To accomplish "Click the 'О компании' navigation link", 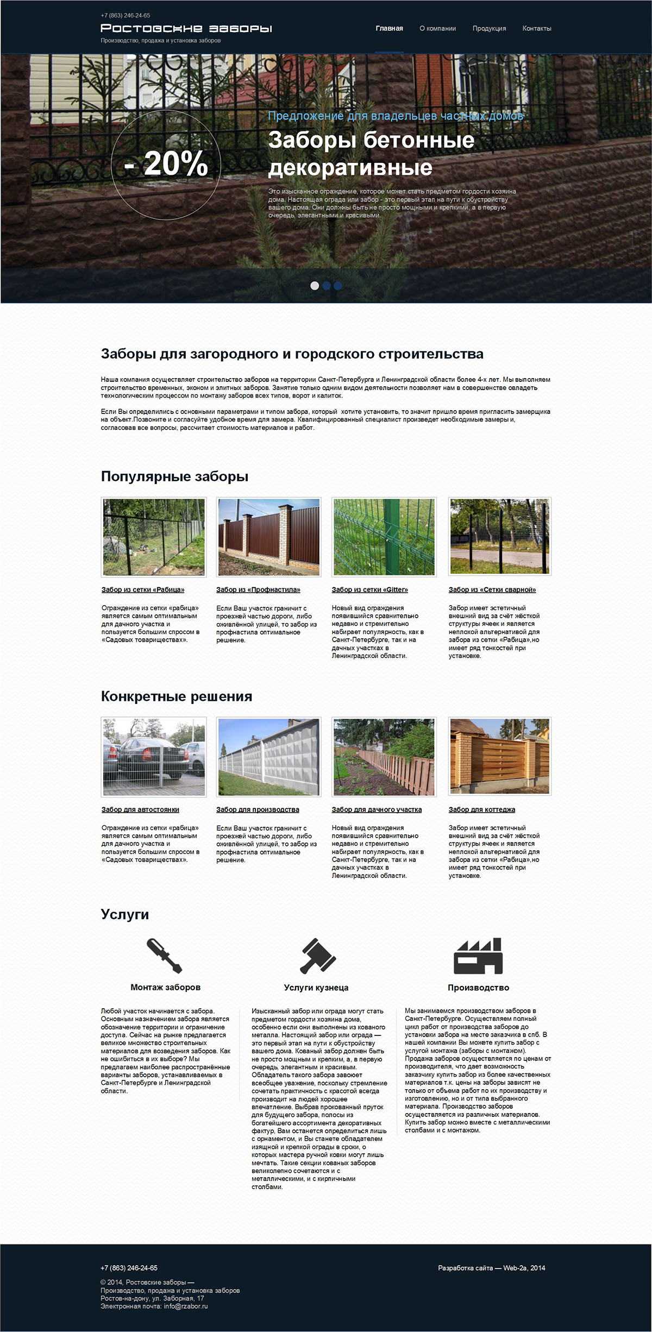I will [437, 28].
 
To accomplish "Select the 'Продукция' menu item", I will [489, 28].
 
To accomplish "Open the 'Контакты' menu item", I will [537, 28].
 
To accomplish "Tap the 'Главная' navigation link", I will [389, 28].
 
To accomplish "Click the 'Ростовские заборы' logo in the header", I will [186, 28].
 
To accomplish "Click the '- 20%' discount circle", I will [166, 164].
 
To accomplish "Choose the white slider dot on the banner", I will [315, 286].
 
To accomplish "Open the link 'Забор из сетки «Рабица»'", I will [143, 589].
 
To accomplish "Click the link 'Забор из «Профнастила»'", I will [258, 589].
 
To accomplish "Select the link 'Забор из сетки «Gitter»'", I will [369, 589].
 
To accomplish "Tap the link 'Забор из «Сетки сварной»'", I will [492, 589].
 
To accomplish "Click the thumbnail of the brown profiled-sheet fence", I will [269, 537].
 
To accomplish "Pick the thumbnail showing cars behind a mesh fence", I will [154, 757].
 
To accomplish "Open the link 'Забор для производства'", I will [258, 809].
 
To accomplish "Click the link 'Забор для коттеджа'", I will [482, 809].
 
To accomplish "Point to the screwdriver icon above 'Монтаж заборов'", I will [165, 956].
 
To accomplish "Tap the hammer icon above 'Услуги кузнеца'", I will [318, 956].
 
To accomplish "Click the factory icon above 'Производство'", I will [478, 956].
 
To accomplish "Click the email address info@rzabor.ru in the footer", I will [186, 1306].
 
